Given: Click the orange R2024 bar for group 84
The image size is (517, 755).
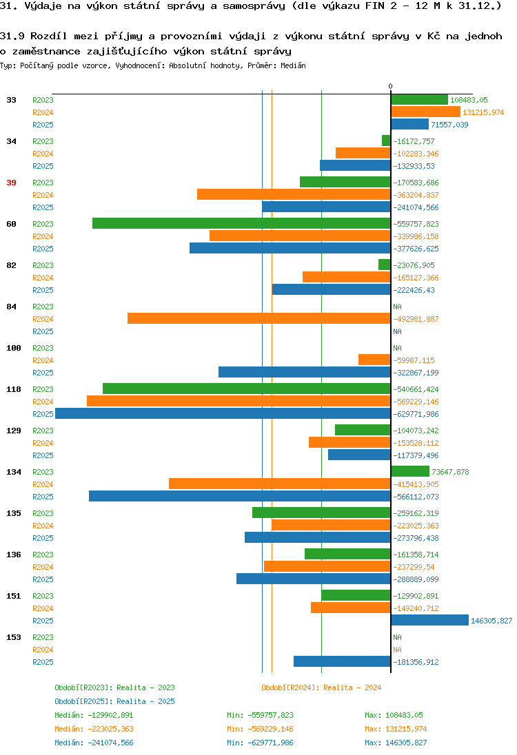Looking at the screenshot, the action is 258,318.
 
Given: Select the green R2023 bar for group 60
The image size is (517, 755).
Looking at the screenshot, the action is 241,223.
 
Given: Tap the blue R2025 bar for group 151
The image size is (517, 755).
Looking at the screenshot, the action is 429,620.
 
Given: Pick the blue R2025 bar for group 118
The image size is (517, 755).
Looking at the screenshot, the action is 223,413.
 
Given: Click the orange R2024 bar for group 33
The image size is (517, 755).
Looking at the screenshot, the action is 425,112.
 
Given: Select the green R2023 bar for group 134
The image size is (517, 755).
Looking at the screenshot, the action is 410,471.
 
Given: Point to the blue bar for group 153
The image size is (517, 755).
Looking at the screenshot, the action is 342,661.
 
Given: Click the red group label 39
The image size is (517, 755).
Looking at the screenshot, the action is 12,183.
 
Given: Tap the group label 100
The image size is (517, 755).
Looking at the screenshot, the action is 14,348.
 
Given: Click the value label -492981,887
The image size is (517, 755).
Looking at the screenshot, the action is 416,319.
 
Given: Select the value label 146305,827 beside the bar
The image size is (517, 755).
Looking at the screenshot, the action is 491,621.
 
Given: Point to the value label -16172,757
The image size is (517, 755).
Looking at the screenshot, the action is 414,141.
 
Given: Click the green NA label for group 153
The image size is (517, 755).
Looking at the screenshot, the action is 397,637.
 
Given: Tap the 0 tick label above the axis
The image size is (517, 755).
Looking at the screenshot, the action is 390,86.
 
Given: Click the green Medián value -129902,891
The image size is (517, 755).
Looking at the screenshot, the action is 110,715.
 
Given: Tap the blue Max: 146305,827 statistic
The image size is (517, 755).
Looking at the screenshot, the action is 396,743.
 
